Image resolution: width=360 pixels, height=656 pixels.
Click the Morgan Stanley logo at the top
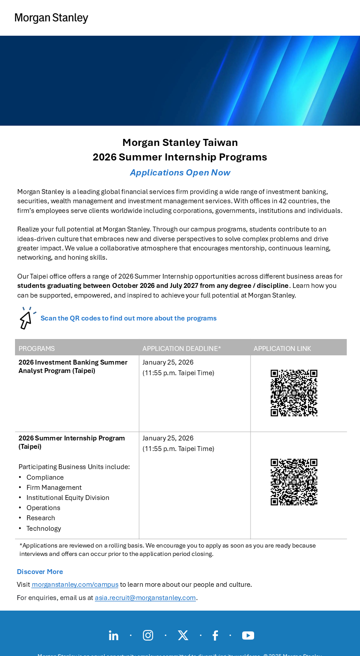52,18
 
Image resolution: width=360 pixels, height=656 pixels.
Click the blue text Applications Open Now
180,172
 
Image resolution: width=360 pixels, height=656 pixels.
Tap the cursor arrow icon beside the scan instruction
26,318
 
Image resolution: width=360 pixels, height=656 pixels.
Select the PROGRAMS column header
37,348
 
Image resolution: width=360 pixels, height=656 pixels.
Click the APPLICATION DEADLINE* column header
181,348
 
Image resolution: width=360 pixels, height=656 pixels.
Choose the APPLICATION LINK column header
282,348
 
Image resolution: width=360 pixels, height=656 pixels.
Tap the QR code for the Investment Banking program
294,393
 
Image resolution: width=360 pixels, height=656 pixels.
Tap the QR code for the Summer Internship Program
294,482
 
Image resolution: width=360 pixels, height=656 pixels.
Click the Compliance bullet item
45,477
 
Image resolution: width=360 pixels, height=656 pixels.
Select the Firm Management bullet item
54,488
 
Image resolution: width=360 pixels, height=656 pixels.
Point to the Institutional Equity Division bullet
68,498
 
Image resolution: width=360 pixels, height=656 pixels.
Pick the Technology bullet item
44,529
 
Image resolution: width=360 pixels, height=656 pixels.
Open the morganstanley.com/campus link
75,585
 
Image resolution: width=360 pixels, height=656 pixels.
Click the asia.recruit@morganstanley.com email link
145,598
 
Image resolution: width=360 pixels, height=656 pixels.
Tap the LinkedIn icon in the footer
113,635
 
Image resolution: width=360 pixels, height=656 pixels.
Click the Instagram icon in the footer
148,635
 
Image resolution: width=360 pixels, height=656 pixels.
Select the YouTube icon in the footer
248,635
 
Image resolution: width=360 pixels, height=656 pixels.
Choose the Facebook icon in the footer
215,635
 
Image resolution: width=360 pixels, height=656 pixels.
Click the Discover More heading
40,572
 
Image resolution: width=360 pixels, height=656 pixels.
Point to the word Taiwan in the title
220,142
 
